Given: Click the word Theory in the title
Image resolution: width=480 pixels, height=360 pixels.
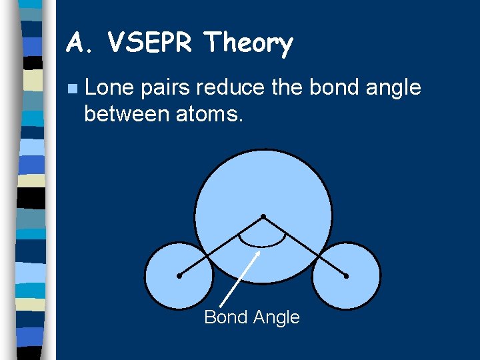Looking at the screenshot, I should point(249,45).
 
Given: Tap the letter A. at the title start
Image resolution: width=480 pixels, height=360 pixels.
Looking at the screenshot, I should point(81,44).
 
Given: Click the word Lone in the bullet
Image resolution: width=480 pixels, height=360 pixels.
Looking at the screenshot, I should point(110,87).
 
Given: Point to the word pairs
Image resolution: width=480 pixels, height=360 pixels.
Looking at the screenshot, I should point(168,87).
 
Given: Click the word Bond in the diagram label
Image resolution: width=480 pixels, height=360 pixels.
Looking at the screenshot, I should point(225,317).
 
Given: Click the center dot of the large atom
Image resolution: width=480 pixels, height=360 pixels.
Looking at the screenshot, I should point(263,217).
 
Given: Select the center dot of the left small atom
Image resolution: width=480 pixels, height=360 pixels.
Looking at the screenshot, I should point(179,275).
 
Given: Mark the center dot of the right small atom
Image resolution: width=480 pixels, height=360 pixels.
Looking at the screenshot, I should point(347,275).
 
